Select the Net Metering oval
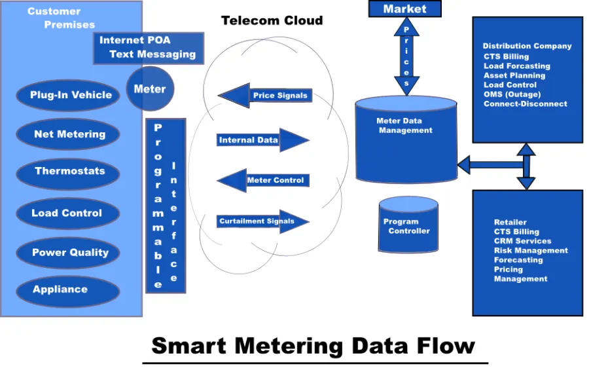(x=69, y=134)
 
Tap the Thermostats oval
(x=69, y=172)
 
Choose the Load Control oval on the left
(x=67, y=213)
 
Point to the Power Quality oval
(x=69, y=253)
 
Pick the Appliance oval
(x=60, y=289)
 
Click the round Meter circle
(x=150, y=89)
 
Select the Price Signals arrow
(x=265, y=96)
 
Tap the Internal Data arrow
(x=261, y=140)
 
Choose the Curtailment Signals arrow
(x=262, y=221)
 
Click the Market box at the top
(x=404, y=9)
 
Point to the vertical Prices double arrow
(x=406, y=56)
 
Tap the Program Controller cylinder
(x=408, y=226)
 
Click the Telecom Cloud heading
(x=272, y=20)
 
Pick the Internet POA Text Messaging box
(x=148, y=48)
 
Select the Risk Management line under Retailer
(x=530, y=250)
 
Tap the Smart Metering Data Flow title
(x=313, y=345)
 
